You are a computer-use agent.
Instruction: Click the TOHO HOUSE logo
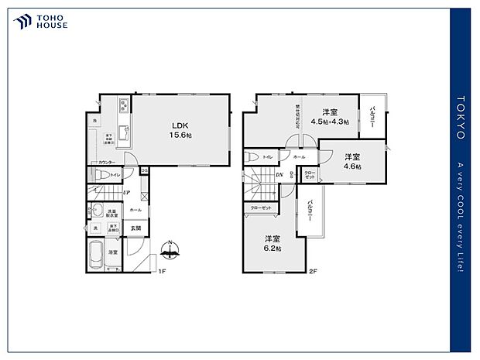pos(41,21)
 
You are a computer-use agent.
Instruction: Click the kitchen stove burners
pos(123,106)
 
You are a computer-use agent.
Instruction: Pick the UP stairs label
pos(126,193)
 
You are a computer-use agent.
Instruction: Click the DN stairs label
pos(279,175)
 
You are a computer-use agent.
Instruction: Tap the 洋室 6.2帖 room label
pos(273,242)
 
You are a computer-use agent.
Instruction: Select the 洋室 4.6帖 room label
pos(353,160)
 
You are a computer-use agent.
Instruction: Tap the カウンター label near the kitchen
pos(107,162)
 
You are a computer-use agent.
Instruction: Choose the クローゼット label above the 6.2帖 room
pos(261,207)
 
